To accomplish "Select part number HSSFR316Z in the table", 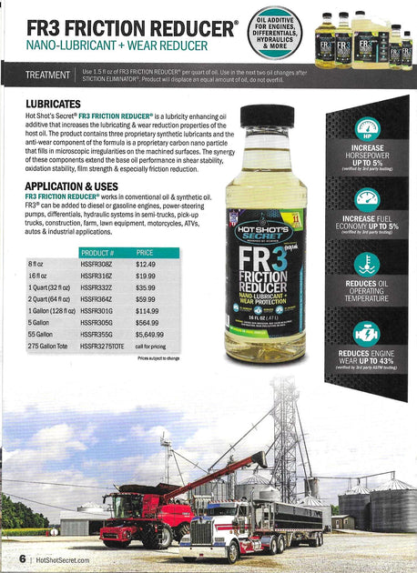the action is (99, 276).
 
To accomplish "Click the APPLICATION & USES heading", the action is (74, 184).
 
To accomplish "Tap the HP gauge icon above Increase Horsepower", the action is (367, 128).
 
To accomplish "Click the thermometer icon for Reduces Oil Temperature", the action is (367, 265).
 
